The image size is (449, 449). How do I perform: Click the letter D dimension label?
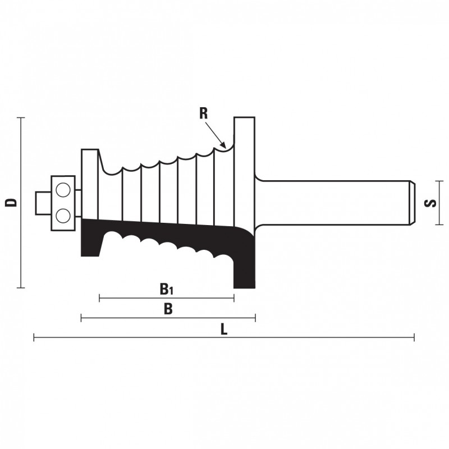[x=11, y=202]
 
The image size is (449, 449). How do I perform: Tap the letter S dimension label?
[x=430, y=203]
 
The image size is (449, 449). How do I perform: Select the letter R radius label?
[x=203, y=113]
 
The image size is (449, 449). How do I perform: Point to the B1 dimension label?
[x=166, y=289]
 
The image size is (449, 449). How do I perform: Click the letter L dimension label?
[x=224, y=329]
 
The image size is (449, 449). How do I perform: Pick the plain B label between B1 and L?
[x=168, y=309]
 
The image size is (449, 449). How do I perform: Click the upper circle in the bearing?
[x=63, y=190]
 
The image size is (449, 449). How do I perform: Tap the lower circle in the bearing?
[x=63, y=216]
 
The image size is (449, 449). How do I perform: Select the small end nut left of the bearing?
[x=43, y=203]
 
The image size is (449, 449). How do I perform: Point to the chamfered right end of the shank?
[x=413, y=203]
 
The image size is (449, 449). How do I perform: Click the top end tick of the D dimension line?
[x=21, y=118]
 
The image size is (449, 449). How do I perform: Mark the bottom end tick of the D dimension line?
[x=21, y=288]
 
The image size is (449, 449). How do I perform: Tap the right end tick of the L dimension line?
[x=414, y=338]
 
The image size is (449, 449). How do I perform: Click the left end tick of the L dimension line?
[x=34, y=338]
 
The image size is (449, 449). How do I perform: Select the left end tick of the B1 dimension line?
[x=99, y=298]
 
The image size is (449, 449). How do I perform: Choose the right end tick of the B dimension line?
[x=255, y=318]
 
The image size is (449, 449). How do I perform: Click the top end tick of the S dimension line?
[x=439, y=181]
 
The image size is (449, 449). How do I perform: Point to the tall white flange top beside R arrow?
[x=244, y=118]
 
